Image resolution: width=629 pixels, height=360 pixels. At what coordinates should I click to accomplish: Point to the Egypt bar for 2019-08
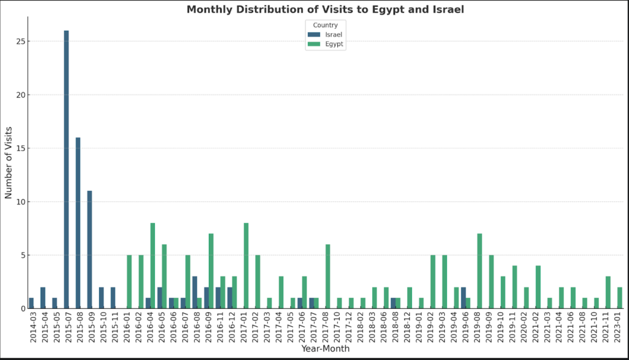[480, 271]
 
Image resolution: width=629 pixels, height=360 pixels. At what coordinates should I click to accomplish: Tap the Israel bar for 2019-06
[463, 297]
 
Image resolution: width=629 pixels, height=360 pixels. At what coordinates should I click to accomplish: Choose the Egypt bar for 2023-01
[620, 297]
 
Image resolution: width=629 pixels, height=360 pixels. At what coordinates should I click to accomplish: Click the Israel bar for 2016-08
[195, 292]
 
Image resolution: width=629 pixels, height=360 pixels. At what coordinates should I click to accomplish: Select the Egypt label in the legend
[335, 45]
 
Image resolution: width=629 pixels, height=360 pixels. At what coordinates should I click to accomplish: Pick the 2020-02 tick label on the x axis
[526, 327]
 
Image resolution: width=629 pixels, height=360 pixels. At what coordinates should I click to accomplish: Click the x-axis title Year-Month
[325, 349]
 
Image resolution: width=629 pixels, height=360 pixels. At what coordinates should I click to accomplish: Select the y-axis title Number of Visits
[9, 163]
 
